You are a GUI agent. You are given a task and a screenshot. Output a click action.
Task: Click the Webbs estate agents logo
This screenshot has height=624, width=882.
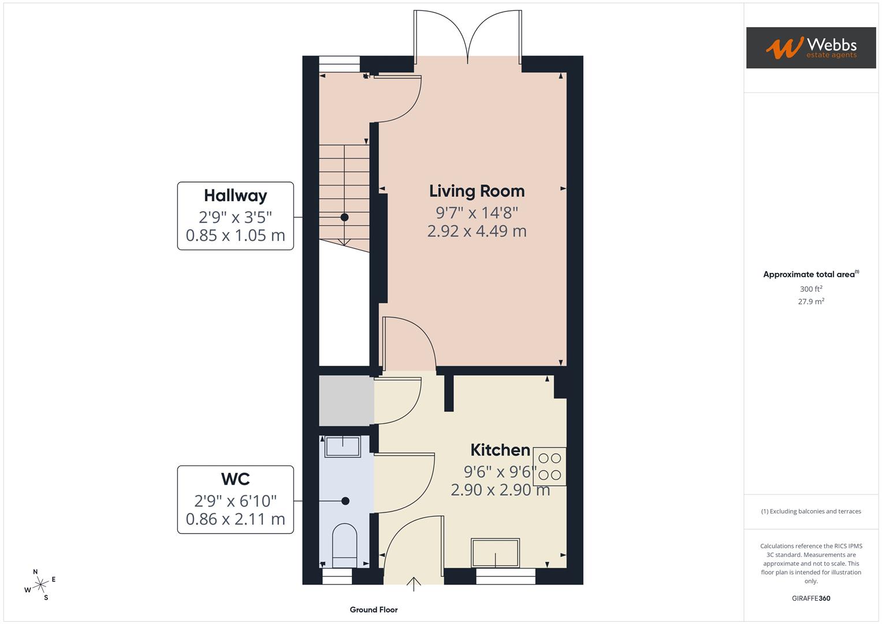(810, 48)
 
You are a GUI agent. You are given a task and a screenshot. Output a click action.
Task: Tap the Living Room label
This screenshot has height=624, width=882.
(477, 191)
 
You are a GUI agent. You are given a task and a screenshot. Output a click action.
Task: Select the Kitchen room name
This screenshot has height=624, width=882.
(500, 450)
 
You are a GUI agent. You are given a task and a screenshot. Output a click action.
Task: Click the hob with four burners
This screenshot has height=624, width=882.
(549, 466)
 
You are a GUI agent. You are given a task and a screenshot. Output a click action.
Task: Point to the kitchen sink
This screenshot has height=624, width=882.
(496, 552)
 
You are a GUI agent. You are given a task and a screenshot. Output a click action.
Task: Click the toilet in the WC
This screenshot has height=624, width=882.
(345, 546)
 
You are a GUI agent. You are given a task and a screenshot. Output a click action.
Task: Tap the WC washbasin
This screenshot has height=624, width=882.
(343, 446)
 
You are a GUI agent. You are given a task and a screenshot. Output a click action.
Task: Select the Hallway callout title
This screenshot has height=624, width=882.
(235, 196)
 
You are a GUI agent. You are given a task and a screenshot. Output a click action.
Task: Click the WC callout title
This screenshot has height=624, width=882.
(235, 479)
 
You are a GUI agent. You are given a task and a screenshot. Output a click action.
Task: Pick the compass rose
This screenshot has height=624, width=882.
(40, 585)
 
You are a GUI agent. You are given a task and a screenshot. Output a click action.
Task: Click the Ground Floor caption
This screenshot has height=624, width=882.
(374, 610)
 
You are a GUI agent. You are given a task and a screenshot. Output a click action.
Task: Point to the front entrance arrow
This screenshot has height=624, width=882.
(414, 584)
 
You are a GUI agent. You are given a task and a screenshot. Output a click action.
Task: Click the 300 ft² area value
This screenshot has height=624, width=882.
(810, 289)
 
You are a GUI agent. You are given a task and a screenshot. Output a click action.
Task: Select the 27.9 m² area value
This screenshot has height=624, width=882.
(810, 302)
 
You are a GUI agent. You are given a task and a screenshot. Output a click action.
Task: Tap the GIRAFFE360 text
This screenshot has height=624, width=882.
(810, 599)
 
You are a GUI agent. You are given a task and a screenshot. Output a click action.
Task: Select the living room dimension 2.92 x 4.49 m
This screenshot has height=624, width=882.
(477, 232)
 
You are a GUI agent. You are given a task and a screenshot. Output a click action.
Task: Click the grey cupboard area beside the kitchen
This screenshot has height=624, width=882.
(346, 400)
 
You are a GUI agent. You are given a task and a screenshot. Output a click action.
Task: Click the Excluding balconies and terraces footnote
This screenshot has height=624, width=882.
(810, 511)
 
